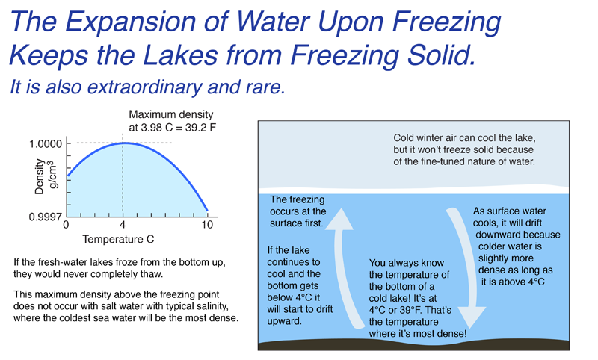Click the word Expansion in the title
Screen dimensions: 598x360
coord(131,22)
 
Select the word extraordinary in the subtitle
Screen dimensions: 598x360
coord(144,87)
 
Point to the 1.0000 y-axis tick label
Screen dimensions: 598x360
coord(46,144)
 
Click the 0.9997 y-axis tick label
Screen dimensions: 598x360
coord(45,217)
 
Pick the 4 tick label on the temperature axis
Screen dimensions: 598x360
coord(123,225)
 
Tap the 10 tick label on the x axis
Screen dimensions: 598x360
coord(207,225)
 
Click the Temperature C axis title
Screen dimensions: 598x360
coord(118,239)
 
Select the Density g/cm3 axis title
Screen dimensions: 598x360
coord(46,176)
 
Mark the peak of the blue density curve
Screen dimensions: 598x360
coord(123,143)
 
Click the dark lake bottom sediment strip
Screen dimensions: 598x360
coord(413,344)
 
